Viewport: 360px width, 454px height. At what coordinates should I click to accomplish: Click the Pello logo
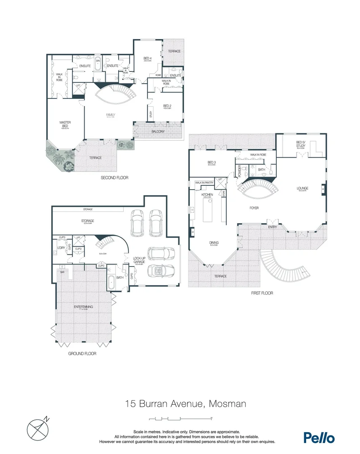point(319,437)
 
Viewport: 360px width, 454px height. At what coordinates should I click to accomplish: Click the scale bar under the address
point(180,419)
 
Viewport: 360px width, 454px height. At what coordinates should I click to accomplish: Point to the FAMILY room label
point(110,115)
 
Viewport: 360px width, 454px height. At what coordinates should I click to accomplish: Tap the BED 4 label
point(147,58)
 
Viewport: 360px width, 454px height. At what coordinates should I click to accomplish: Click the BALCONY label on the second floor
point(159,132)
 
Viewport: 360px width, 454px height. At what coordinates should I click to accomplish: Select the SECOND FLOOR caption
point(114,178)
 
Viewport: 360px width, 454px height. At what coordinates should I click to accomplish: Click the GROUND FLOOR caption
point(82,354)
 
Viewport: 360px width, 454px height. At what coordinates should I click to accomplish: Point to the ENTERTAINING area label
point(83,307)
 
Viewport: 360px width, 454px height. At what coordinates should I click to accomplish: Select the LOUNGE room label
point(303,188)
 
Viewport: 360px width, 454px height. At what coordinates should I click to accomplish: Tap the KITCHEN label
point(207,195)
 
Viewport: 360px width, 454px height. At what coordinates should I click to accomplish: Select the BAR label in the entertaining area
point(62,272)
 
